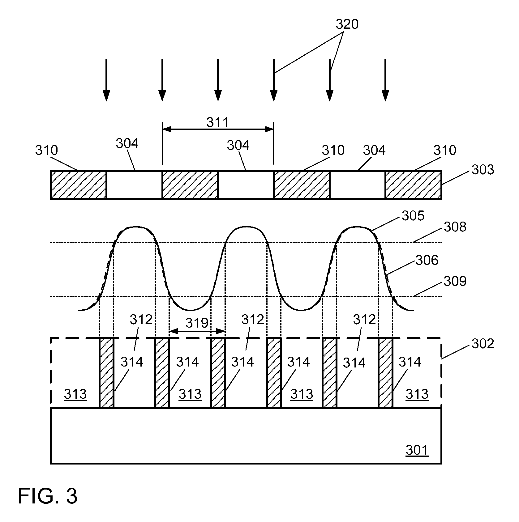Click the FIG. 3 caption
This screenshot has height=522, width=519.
(x=48, y=496)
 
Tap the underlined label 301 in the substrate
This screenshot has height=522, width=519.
(x=417, y=450)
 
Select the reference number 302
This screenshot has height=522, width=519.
(x=483, y=343)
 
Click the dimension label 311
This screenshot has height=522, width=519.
(x=218, y=122)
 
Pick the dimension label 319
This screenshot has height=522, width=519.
(x=197, y=323)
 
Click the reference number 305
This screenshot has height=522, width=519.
(x=413, y=215)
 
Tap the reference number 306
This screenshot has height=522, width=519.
(x=427, y=260)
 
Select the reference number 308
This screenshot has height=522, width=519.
(x=455, y=227)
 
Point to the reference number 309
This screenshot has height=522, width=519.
(x=455, y=281)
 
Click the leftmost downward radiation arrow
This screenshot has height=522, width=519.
(x=106, y=80)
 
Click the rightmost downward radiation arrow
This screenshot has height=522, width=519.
(x=385, y=80)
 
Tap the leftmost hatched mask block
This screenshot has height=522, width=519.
(x=79, y=185)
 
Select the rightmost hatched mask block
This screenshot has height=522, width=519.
(x=413, y=185)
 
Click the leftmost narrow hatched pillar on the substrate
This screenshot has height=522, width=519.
(x=106, y=373)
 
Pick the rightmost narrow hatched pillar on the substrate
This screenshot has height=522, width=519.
(x=385, y=373)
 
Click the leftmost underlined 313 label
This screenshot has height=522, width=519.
(x=75, y=394)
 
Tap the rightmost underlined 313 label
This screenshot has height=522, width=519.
(x=417, y=394)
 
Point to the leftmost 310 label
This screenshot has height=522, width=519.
(x=46, y=150)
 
